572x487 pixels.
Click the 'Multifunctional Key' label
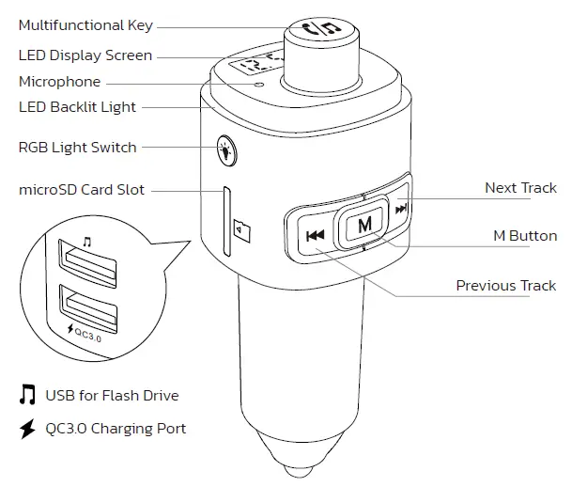tap(85, 25)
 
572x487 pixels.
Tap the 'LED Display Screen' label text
tap(85, 56)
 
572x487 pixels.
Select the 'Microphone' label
tap(59, 83)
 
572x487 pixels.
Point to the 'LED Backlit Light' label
tap(77, 107)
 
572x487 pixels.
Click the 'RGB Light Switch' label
tap(77, 148)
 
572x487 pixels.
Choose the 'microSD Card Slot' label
tap(82, 190)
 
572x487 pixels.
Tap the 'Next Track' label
tap(519, 188)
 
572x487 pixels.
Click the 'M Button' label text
tap(525, 236)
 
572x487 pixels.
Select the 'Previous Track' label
tap(505, 286)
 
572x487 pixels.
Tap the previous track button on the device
tap(315, 235)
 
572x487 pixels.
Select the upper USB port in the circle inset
tap(88, 262)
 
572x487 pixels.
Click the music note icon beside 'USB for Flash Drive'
tap(27, 396)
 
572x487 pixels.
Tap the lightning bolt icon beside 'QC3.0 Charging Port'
tap(27, 429)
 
